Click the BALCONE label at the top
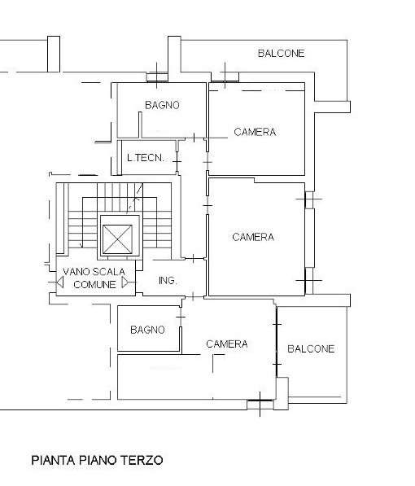click(281, 53)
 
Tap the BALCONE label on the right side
click(311, 348)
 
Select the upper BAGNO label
click(162, 105)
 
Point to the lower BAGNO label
click(147, 330)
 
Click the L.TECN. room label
click(146, 158)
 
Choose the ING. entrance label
click(168, 281)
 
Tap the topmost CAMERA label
click(255, 132)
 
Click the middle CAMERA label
click(253, 237)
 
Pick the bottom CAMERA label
click(226, 344)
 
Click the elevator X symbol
click(117, 239)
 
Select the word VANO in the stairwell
click(76, 272)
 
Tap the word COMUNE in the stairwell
click(94, 284)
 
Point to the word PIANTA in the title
click(54, 460)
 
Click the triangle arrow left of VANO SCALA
click(60, 282)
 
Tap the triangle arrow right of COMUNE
click(124, 282)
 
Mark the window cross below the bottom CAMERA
click(260, 404)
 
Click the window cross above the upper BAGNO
click(156, 76)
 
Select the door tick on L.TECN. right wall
click(177, 162)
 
